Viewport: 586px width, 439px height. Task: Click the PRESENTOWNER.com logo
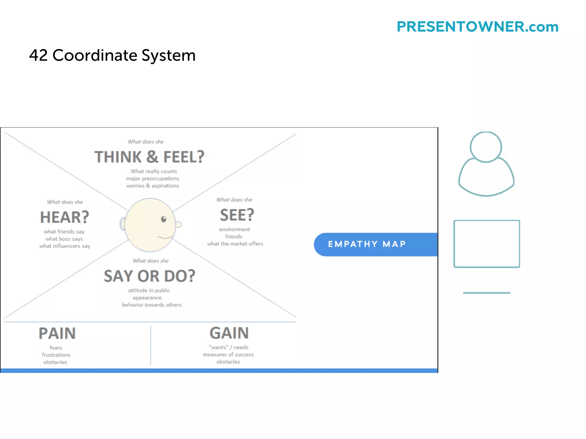[x=477, y=27]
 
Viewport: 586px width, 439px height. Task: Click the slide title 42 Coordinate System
[x=112, y=55]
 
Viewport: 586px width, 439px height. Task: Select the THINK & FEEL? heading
[x=149, y=157]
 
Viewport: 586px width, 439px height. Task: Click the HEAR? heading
[x=65, y=217]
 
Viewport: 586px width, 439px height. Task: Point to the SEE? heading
[x=237, y=215]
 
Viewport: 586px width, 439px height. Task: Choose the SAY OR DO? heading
[x=149, y=276]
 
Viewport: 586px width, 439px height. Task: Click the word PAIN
[x=57, y=333]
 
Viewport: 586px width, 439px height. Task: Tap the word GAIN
[x=229, y=333]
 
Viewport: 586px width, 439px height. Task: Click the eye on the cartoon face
[x=164, y=219]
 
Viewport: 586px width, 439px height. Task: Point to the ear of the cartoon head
[x=123, y=224]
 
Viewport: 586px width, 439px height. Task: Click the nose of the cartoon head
[x=179, y=225]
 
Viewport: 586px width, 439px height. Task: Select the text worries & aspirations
[x=153, y=186]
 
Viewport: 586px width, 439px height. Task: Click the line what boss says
[x=64, y=239]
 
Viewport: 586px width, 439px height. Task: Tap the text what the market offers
[x=235, y=244]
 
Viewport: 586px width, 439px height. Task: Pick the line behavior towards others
[x=152, y=305]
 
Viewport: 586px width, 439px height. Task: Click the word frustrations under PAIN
[x=56, y=355]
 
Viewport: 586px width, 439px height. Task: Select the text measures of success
[x=228, y=355]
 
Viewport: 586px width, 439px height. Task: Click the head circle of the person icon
[x=486, y=147]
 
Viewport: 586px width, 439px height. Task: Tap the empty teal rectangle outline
[x=486, y=244]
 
